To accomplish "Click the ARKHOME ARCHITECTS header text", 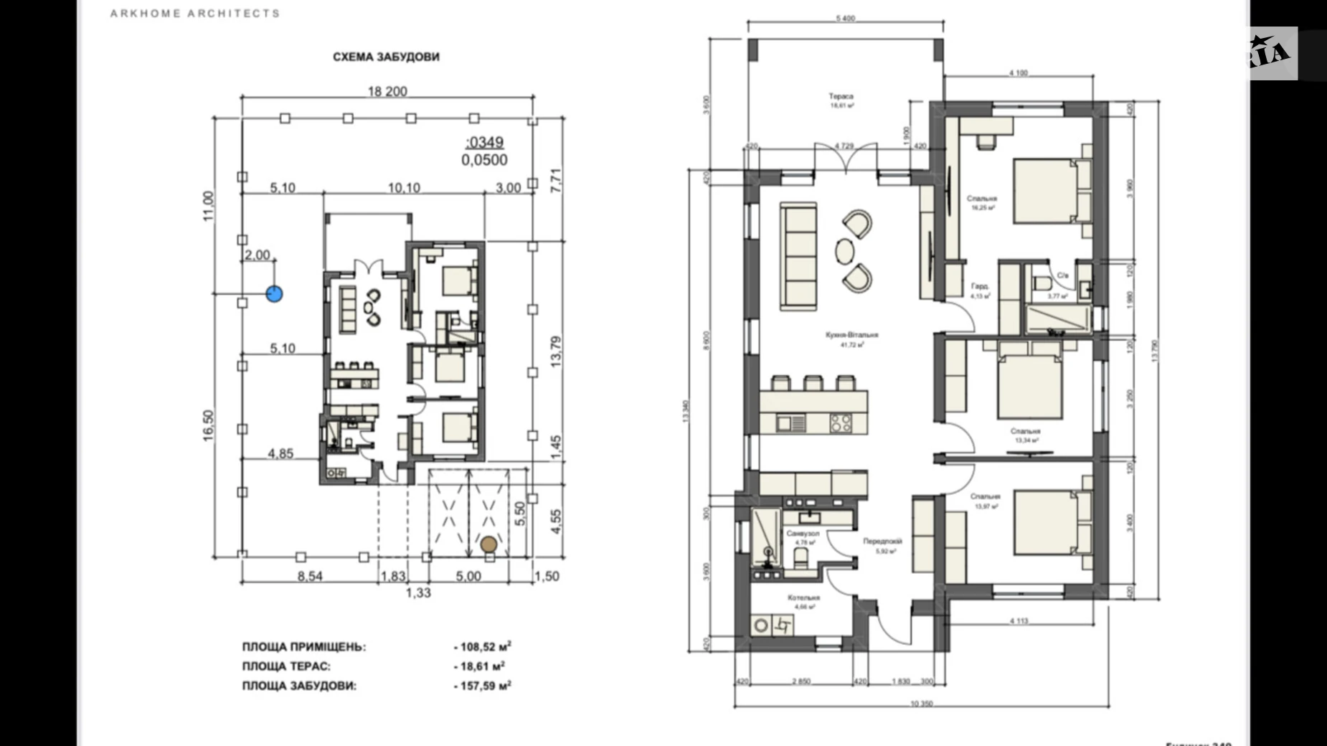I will coord(194,14).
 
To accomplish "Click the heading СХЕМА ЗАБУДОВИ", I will coord(386,57).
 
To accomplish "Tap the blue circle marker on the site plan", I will coord(274,293).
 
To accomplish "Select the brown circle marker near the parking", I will coord(489,544).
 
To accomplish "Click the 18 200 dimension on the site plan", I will coord(387,91).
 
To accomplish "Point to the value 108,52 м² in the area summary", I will coord(483,647).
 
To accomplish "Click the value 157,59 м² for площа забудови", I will coord(483,686).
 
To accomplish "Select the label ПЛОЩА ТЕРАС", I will coord(285,666).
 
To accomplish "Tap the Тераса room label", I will coord(841,96).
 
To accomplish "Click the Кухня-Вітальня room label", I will coord(851,335).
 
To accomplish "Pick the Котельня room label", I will coord(803,598).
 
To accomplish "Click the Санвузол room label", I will coord(802,534).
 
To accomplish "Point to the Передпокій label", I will coord(882,542).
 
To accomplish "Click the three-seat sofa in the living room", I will coord(798,257).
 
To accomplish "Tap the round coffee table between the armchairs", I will coord(845,251).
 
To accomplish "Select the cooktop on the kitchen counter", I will coord(841,423).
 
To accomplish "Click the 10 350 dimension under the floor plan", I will coord(921,704).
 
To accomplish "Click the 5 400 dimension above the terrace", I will coord(845,19).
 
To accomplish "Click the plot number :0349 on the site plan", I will coord(485,143).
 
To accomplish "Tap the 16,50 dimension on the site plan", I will coord(208,425).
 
